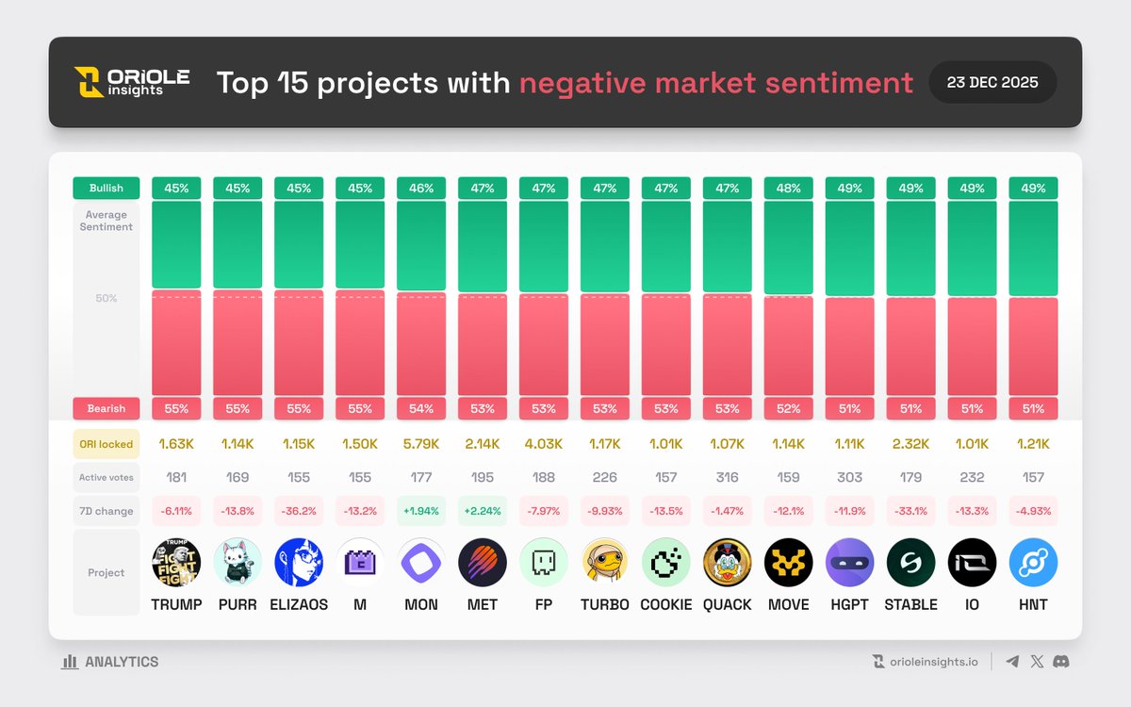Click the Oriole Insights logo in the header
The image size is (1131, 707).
click(x=132, y=82)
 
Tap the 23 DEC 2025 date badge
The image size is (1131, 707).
click(x=992, y=82)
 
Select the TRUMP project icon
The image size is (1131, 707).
click(x=176, y=563)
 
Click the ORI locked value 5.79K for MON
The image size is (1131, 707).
click(x=421, y=444)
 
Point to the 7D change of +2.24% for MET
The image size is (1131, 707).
click(x=483, y=511)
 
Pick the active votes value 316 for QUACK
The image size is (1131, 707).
click(x=727, y=478)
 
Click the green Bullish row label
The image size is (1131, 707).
click(x=107, y=188)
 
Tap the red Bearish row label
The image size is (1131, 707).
click(x=107, y=408)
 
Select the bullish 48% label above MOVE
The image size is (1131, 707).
click(x=788, y=188)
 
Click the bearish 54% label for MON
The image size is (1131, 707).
click(x=421, y=408)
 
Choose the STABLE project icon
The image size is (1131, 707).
click(x=910, y=563)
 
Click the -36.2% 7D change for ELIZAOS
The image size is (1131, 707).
click(x=299, y=511)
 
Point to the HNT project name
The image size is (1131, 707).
click(x=1033, y=604)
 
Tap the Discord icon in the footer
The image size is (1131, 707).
click(x=1060, y=662)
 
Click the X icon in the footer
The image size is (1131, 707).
click(x=1037, y=662)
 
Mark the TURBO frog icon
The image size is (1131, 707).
click(x=605, y=563)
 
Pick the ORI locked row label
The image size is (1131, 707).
click(x=107, y=444)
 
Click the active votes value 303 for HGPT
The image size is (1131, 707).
click(x=849, y=478)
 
